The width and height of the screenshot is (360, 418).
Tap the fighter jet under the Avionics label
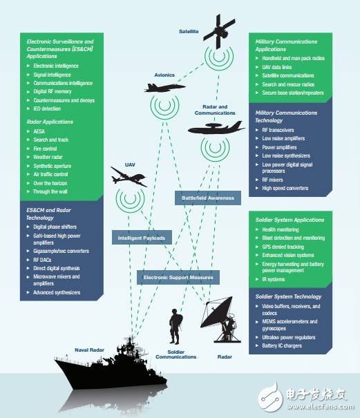click(x=164, y=88)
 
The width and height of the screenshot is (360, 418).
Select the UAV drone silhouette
click(x=129, y=176)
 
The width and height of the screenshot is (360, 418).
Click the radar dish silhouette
click(x=220, y=319)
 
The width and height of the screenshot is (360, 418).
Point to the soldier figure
click(x=176, y=326)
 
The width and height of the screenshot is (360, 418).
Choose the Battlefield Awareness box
click(x=208, y=198)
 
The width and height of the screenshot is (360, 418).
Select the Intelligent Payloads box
click(x=142, y=238)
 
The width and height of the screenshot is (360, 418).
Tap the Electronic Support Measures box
click(x=178, y=277)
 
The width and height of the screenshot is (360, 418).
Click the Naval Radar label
click(x=89, y=350)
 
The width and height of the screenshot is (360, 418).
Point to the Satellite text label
click(x=189, y=32)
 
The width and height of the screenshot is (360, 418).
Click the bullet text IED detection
click(x=47, y=108)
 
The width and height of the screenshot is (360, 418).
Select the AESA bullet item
click(x=39, y=131)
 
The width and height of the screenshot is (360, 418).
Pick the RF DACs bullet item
click(x=42, y=260)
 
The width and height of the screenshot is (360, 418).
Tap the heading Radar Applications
click(x=50, y=122)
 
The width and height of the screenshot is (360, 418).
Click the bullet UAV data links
click(x=277, y=67)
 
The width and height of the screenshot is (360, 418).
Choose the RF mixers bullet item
click(x=272, y=180)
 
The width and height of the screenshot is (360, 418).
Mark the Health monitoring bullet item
click(x=281, y=229)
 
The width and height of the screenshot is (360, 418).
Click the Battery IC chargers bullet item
click(x=282, y=345)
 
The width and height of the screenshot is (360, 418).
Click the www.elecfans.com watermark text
click(x=320, y=406)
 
